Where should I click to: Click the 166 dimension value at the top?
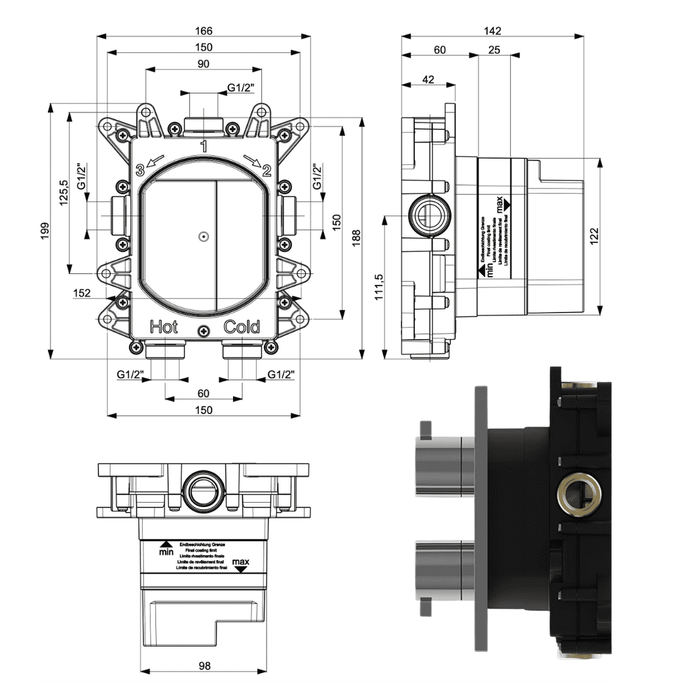203,30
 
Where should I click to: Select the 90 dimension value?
203,64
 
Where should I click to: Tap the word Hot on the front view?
164,327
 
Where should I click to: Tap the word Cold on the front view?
242,327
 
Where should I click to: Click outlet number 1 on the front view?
203,147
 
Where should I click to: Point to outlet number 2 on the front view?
266,170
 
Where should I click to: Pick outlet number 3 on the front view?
140,170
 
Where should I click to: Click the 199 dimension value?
44,230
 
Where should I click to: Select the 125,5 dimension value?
63,193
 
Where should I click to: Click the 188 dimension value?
356,237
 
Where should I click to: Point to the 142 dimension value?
493,30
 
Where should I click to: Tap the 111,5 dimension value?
378,287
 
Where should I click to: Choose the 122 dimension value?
594,235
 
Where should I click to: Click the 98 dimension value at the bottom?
203,665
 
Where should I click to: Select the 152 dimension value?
82,292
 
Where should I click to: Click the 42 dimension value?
428,79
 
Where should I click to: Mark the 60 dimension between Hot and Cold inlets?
203,393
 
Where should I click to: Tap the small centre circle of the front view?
203,237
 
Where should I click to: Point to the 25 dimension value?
494,50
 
